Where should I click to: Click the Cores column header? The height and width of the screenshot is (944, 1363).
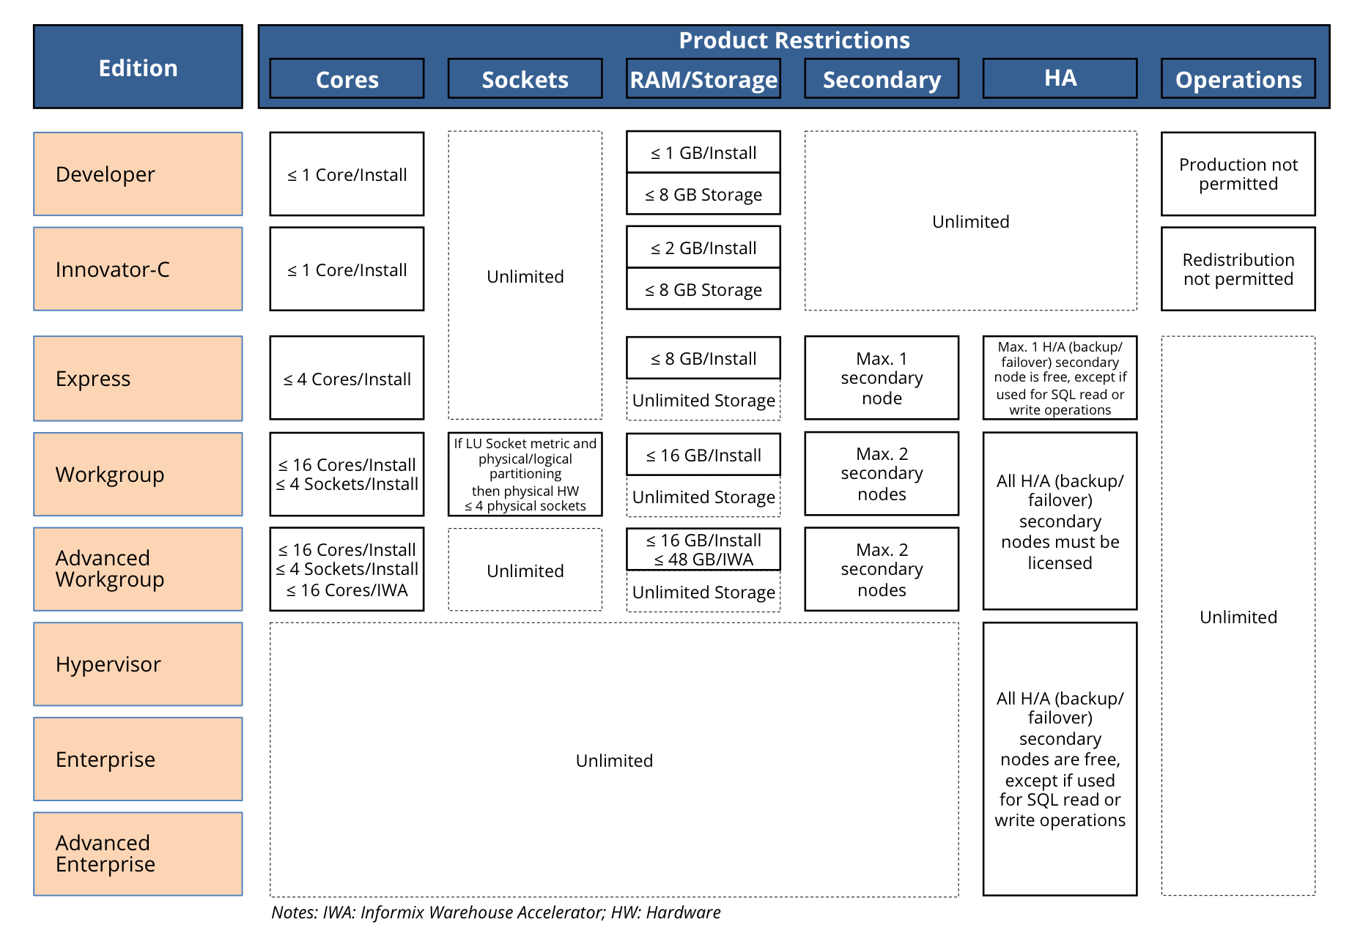point(347,79)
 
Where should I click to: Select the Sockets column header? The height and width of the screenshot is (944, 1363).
point(525,79)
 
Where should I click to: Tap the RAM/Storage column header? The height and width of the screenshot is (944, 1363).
point(703,79)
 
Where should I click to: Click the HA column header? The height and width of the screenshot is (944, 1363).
point(1060,78)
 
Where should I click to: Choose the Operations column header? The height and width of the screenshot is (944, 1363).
point(1238,79)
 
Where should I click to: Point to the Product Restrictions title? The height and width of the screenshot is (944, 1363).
point(794,40)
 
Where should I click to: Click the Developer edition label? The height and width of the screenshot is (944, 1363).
point(138,174)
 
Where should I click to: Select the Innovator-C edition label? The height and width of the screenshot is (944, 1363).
point(138,270)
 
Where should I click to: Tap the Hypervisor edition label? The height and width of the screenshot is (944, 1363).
point(138,664)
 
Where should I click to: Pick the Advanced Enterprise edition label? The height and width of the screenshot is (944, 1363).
point(138,854)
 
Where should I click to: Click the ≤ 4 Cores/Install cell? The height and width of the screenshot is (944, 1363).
point(347,379)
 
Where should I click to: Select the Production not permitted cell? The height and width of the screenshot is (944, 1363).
point(1238,174)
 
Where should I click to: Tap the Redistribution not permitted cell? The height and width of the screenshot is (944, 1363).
point(1238,270)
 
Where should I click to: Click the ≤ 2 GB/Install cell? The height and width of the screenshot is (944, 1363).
point(703,248)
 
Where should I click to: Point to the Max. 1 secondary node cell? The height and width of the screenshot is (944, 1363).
point(882,378)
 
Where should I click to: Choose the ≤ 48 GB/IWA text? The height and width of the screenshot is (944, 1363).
point(703,560)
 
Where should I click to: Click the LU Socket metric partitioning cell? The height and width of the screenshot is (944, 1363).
point(525,475)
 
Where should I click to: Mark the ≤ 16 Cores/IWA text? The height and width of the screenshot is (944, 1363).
point(347,590)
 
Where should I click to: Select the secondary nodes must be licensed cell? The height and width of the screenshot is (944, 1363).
point(1060,521)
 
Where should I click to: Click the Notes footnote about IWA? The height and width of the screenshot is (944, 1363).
point(496,913)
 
